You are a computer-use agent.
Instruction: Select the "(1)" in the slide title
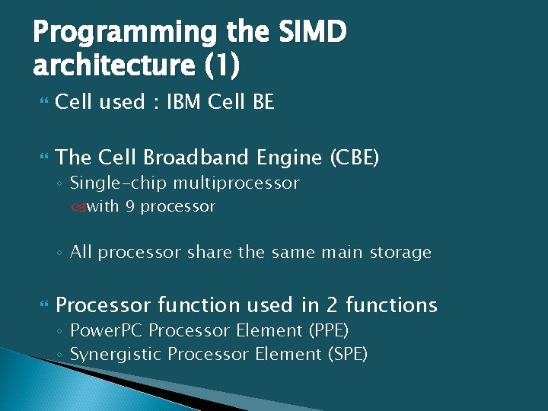click(x=222, y=66)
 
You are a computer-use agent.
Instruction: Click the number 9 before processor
click(x=131, y=206)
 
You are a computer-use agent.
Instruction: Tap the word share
click(x=206, y=252)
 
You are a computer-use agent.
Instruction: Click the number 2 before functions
click(x=332, y=305)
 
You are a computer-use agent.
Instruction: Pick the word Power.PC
click(x=107, y=331)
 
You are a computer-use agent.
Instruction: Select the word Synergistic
click(x=116, y=354)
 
